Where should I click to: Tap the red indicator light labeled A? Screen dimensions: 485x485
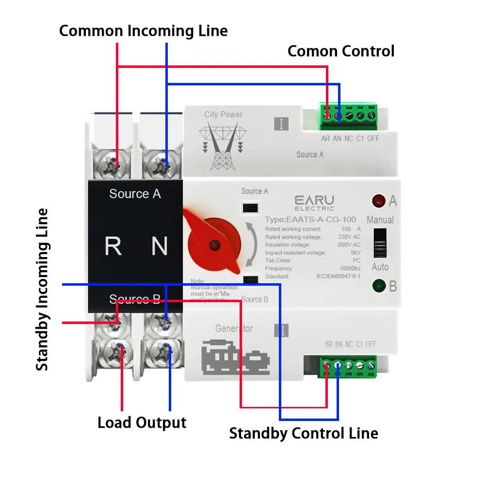coord(378,200)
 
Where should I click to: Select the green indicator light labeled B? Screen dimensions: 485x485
coord(378,286)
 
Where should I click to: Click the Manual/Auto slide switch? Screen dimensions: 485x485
coord(380,242)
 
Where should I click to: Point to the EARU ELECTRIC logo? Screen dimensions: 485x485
coord(314,202)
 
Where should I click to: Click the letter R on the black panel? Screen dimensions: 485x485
coord(113,246)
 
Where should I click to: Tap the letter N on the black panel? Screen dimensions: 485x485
coord(160,246)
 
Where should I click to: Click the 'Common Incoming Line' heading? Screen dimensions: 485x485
coord(143,31)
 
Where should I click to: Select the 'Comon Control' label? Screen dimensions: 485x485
coord(341,51)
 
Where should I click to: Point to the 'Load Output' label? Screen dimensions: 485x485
coord(142,422)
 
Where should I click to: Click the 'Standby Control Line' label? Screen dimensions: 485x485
coord(304,433)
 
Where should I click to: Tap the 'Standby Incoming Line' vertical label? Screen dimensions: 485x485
coord(43,290)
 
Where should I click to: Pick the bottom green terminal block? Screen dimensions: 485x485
coord(348,366)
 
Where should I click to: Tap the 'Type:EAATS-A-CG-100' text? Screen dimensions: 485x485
coord(310,220)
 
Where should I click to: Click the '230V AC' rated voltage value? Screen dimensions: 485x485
coord(349,237)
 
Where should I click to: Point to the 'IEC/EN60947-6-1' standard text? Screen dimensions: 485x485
coord(335,276)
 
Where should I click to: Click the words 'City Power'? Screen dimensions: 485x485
coord(223,114)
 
